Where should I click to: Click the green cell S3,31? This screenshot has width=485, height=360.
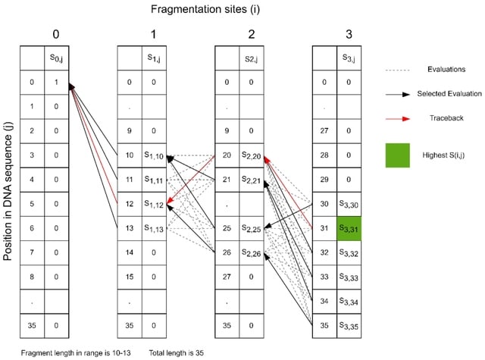tap(350, 228)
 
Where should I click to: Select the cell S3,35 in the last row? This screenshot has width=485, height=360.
tap(350, 327)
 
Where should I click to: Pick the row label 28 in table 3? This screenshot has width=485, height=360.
tap(325, 156)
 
